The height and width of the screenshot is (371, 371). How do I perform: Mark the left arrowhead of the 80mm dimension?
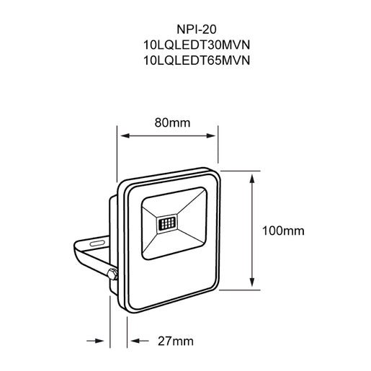pyautogui.click(x=124, y=135)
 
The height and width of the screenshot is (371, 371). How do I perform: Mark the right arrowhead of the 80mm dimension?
pyautogui.click(x=214, y=135)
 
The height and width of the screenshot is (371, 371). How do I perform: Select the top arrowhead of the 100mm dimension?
pyautogui.click(x=251, y=181)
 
